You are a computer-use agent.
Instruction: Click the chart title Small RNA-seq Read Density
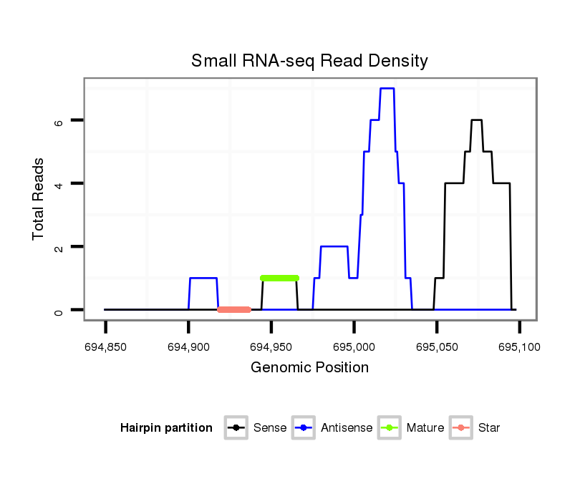tap(309, 61)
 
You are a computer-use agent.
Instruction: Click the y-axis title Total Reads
tap(39, 199)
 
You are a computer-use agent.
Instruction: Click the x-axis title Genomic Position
tap(309, 368)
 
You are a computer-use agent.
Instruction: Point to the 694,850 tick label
tap(105, 348)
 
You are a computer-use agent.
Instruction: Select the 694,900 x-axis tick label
tap(188, 348)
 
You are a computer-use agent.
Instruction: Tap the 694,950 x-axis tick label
tap(271, 348)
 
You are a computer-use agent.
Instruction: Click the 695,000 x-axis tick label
tap(354, 348)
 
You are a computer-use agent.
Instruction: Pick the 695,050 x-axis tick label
tap(437, 348)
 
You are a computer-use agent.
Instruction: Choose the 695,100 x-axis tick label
tap(519, 348)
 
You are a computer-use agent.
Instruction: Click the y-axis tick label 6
tap(59, 121)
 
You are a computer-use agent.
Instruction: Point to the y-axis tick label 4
tap(59, 184)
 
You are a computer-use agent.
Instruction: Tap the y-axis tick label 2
tap(59, 247)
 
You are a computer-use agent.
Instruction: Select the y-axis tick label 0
tap(59, 310)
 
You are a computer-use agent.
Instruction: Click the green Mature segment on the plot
tap(280, 278)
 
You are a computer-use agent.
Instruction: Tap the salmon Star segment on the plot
tap(234, 310)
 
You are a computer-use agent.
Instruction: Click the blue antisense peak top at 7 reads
tap(387, 88)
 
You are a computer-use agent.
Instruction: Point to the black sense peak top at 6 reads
tap(476, 120)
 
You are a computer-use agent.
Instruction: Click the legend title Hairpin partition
tap(167, 428)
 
